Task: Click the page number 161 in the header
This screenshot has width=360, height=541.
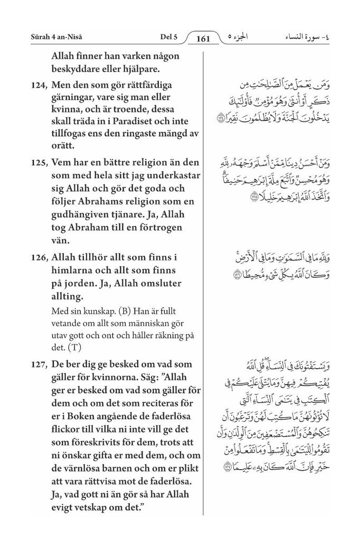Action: coord(202,38)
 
